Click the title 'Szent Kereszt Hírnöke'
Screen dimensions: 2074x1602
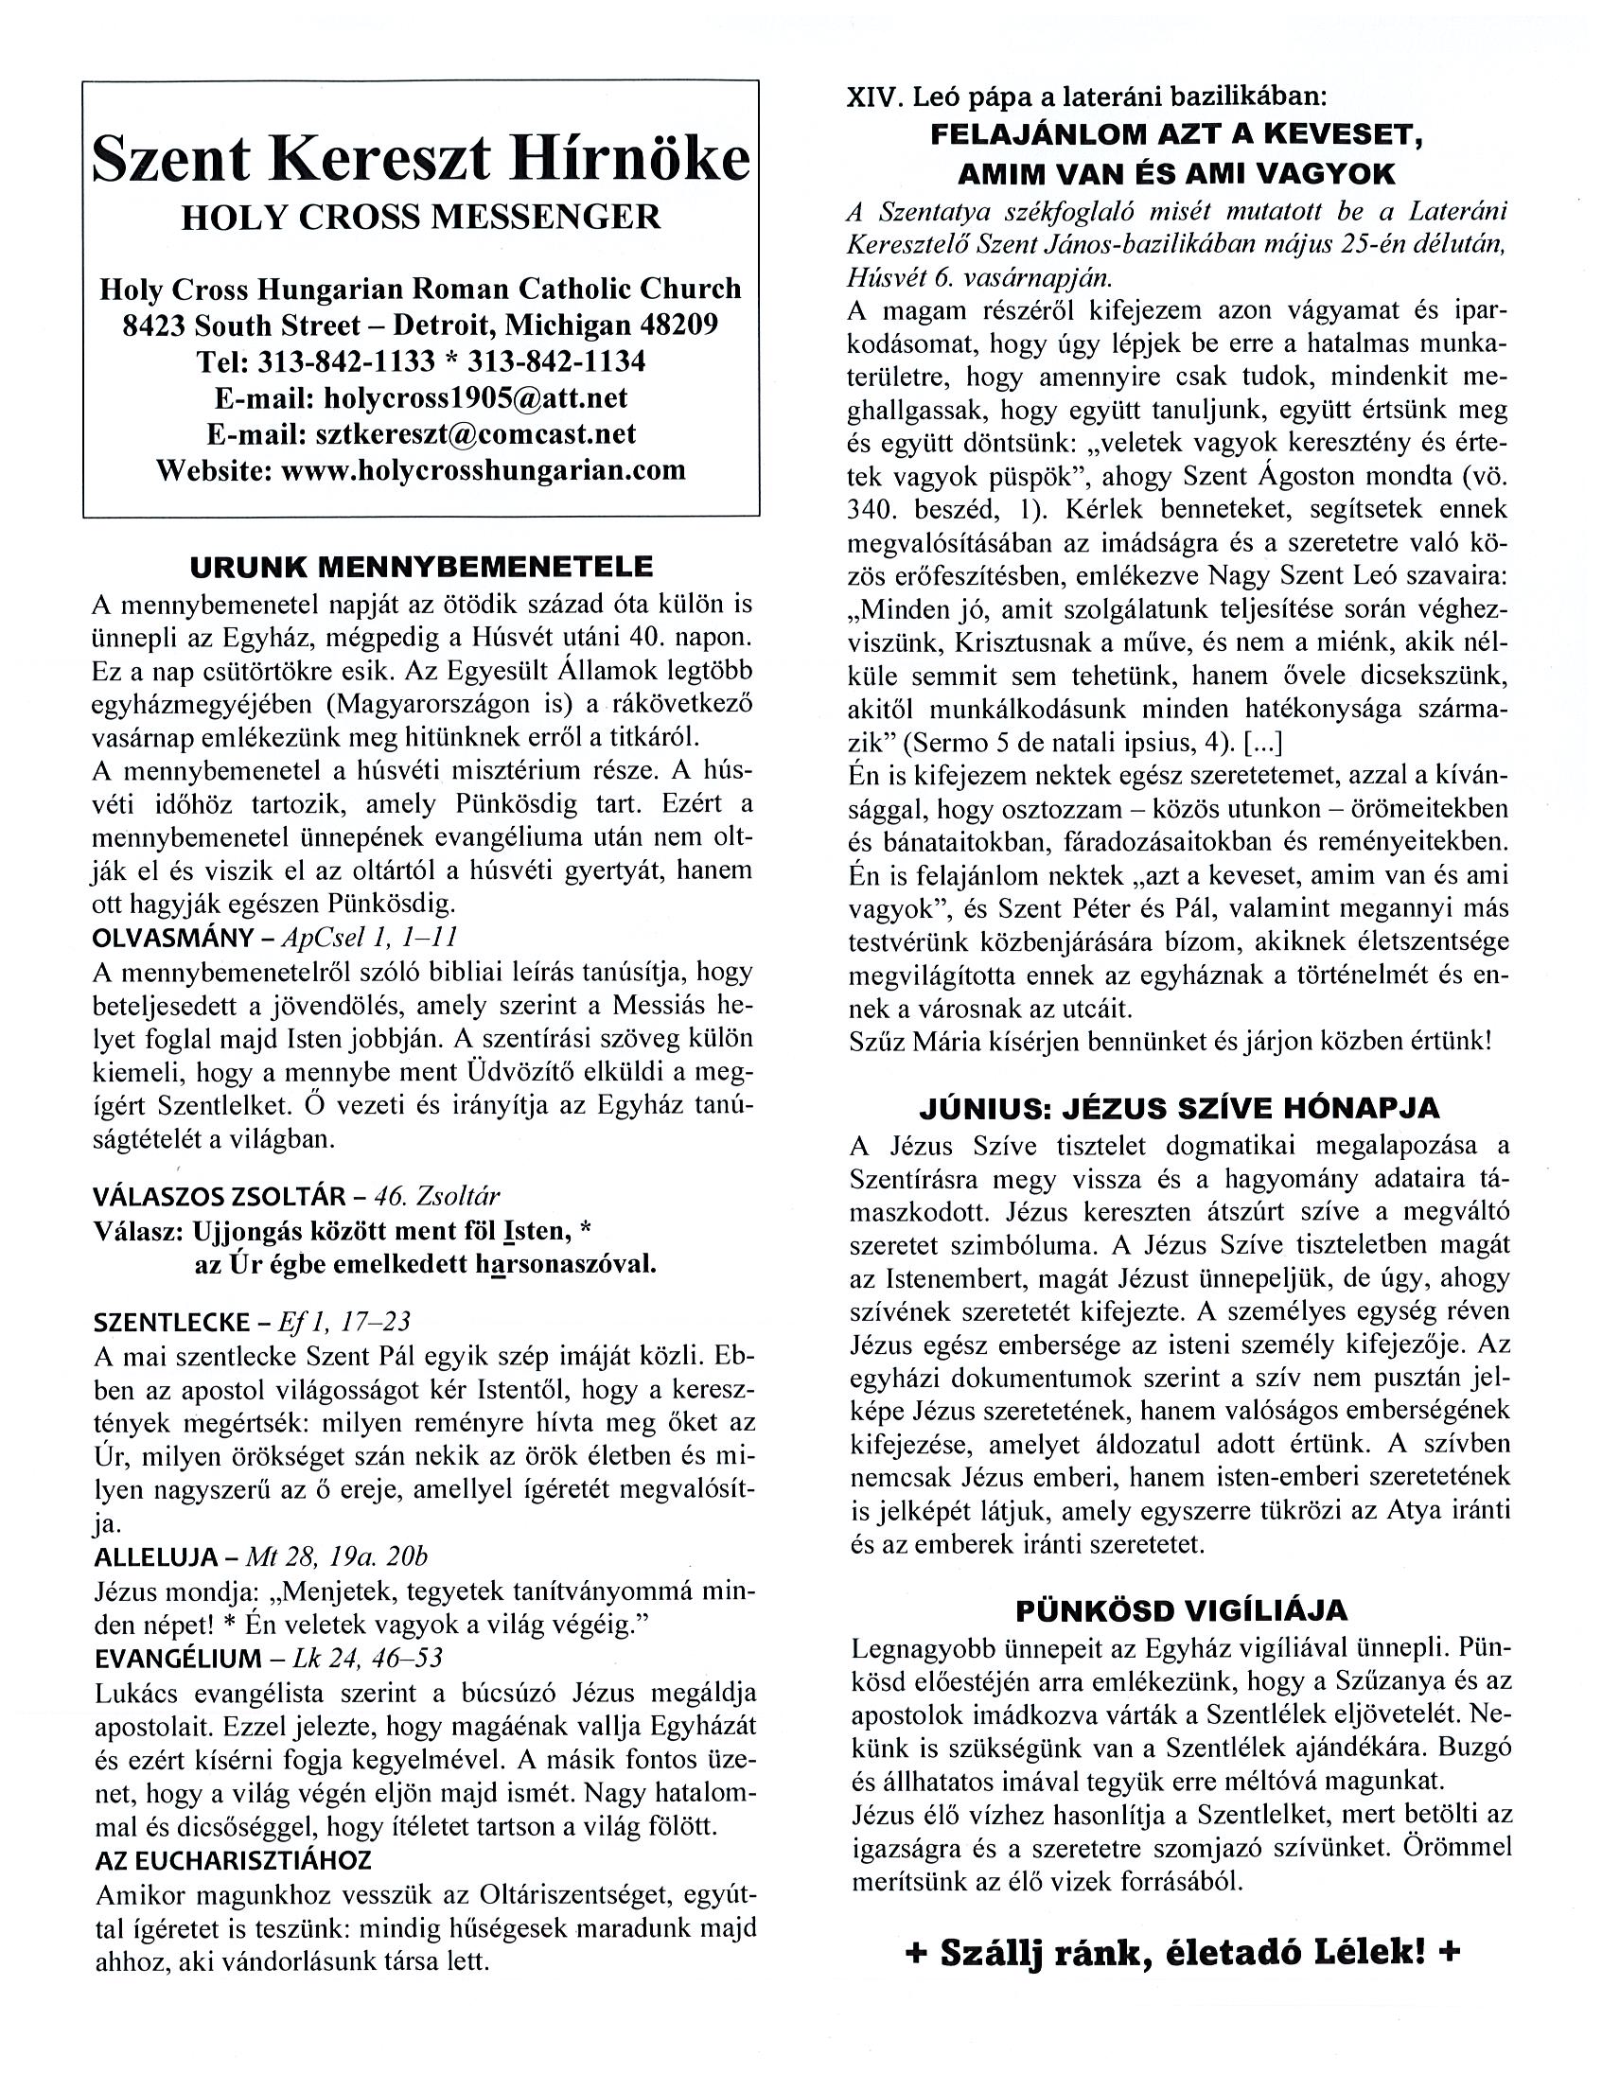pos(421,159)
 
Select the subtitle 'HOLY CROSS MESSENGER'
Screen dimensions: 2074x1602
pos(421,218)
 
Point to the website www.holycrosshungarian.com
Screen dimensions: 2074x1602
pos(484,469)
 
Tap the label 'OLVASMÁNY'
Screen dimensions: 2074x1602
pos(170,938)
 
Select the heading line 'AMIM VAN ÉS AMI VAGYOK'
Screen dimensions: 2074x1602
pos(1176,174)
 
